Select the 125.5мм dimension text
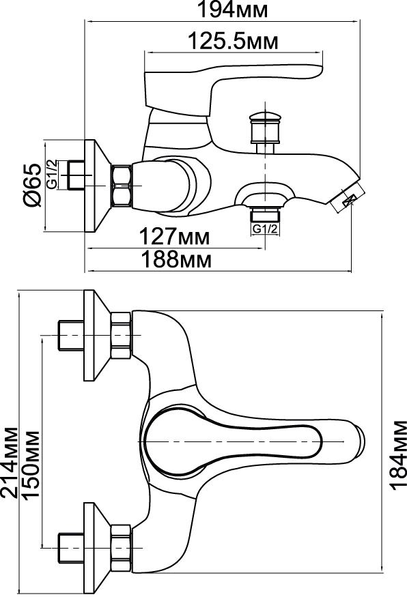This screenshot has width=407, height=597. point(234,41)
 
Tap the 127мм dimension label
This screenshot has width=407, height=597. point(174,237)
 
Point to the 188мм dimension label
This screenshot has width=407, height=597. point(176,260)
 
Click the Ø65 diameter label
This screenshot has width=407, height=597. point(32,185)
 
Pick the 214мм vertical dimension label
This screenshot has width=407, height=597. point(9,463)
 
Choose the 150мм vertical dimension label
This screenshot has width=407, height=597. point(31,464)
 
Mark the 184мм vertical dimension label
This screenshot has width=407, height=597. point(398,454)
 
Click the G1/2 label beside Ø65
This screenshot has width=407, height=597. point(52,174)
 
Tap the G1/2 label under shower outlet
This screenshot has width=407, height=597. point(265,229)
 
